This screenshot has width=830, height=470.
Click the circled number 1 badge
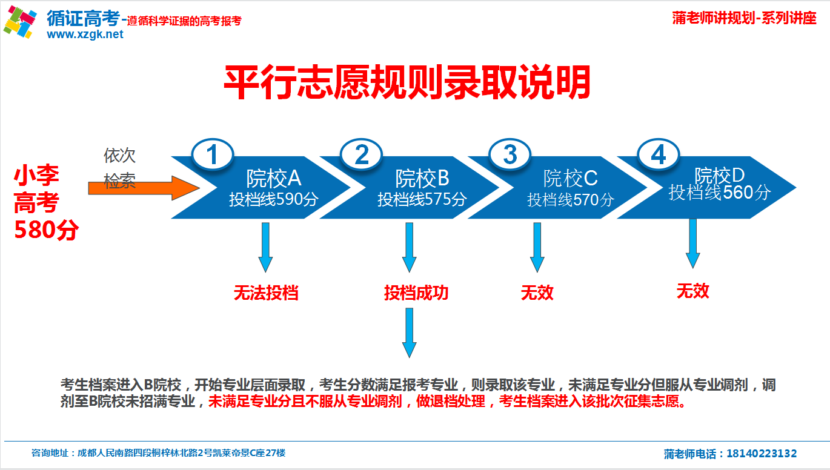coord(213,156)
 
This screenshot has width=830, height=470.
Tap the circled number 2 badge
coord(362,156)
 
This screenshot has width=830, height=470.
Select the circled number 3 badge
coord(510,155)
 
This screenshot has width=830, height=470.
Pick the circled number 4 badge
coord(658,155)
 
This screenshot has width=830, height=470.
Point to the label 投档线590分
coord(274,199)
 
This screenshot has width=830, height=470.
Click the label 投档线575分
coord(422,199)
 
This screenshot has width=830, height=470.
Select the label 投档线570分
coord(571,199)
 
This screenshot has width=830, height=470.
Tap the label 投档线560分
coord(720,193)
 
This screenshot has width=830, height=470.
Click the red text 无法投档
coord(266,293)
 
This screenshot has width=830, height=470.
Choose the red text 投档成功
coord(416,293)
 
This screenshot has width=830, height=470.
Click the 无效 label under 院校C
coord(537,293)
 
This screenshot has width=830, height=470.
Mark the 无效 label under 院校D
coord(692,291)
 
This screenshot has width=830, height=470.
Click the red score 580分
coord(46,231)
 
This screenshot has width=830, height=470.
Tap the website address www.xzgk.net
coord(85,35)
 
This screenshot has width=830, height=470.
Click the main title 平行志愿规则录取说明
coord(407,83)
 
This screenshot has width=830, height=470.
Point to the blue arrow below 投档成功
coord(410,332)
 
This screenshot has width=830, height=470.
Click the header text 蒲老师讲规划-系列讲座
coord(744,18)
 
